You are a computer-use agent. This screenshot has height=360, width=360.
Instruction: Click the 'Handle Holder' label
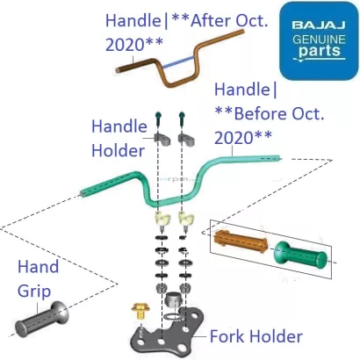click(x=118, y=138)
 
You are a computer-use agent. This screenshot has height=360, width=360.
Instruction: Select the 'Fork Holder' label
click(x=256, y=335)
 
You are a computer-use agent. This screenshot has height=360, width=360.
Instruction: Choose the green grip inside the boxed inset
click(x=299, y=254)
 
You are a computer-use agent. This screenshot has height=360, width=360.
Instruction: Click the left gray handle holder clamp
click(x=162, y=137)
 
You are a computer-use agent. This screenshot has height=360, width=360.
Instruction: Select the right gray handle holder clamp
click(x=185, y=138)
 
